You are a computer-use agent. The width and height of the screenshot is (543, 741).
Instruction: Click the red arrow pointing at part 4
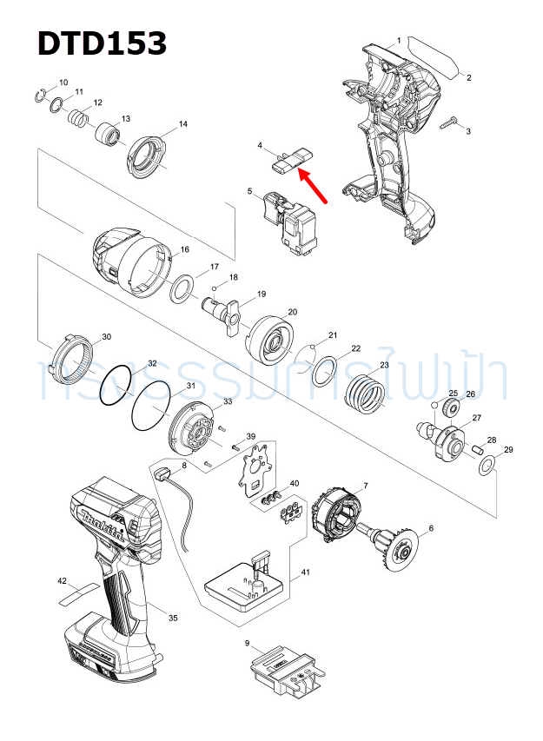(x=314, y=187)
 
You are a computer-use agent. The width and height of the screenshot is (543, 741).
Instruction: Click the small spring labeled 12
(x=79, y=116)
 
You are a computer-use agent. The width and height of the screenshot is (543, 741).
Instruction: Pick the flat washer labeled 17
(x=182, y=287)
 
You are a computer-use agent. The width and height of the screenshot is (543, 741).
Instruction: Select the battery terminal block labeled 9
(x=283, y=670)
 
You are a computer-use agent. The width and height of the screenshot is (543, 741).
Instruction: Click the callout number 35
(x=173, y=619)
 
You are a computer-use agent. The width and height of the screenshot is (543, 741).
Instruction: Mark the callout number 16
(x=184, y=250)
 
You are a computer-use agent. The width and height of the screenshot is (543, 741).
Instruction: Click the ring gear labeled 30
(x=72, y=359)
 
